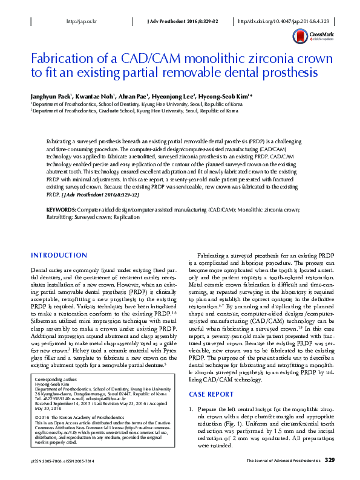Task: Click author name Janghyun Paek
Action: (51, 96)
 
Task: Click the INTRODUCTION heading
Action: (59, 255)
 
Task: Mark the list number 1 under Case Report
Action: (192, 410)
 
